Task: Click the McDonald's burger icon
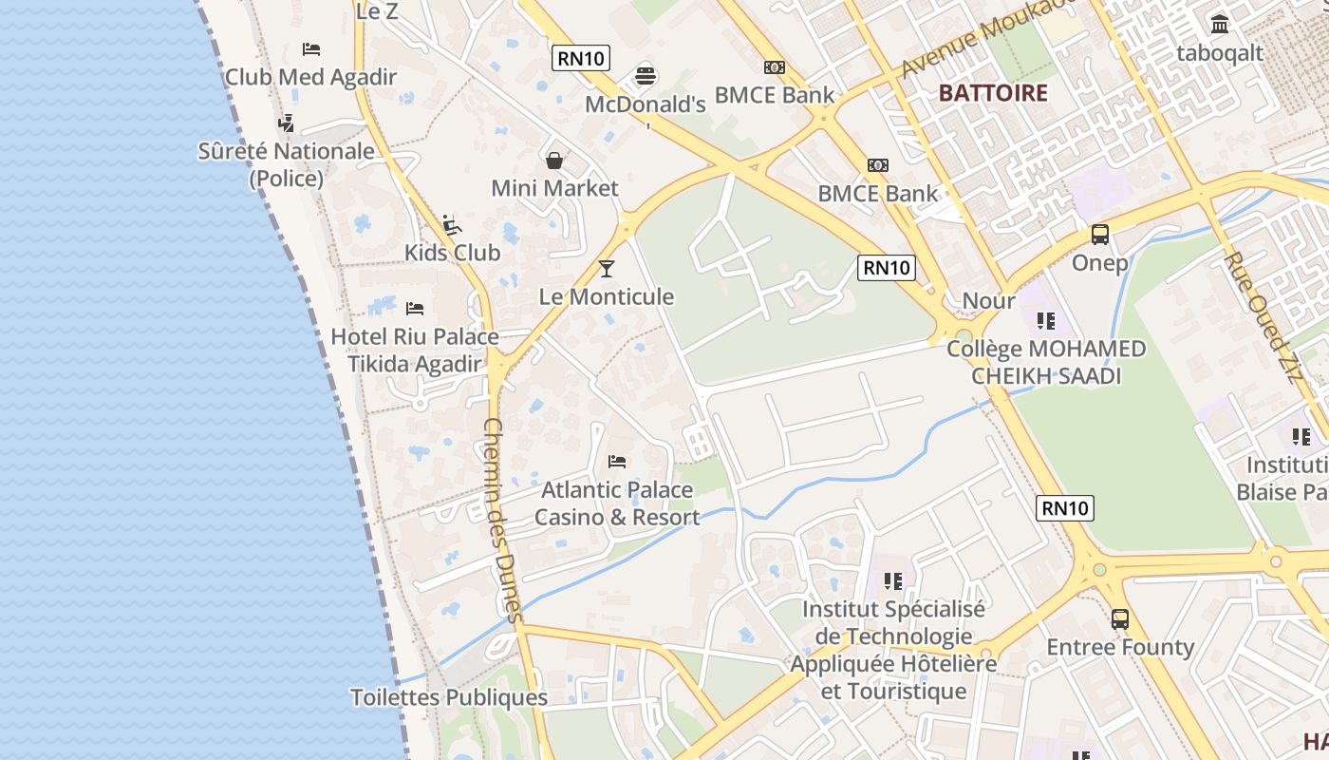coord(646,73)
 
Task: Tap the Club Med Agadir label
coord(310,78)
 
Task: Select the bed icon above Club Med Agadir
coord(310,48)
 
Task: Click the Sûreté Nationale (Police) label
coord(286,164)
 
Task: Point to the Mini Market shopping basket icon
coord(554,160)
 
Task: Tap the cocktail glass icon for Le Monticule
coord(607,268)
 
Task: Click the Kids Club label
coord(452,253)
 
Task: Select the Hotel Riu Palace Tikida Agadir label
coord(414,351)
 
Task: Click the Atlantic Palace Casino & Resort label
coord(617,503)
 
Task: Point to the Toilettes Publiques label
coord(449,697)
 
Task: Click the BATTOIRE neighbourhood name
coord(993,93)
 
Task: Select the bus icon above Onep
coord(1099,234)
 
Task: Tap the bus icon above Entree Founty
coord(1120,619)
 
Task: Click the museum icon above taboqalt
coord(1220,24)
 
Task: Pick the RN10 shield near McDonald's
coord(580,58)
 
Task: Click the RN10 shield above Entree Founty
coord(1065,508)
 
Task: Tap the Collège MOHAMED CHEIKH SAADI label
coord(1046,362)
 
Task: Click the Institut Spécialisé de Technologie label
coord(893,622)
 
